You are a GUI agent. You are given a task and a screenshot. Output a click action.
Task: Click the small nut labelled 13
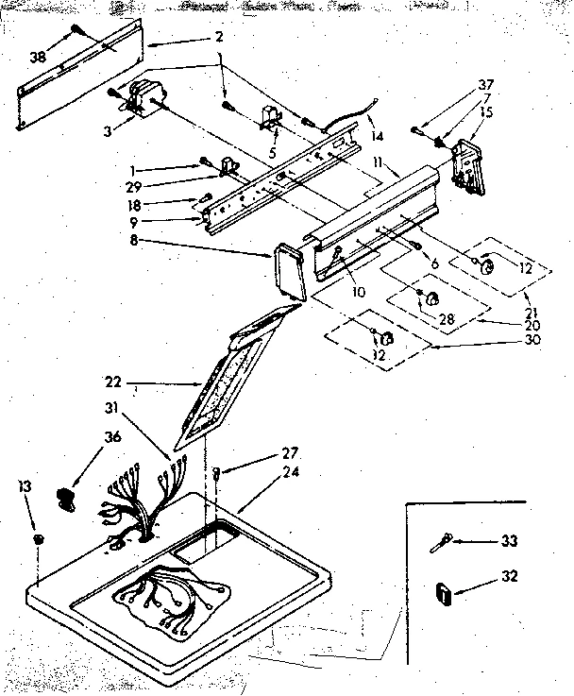tap(39, 538)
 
